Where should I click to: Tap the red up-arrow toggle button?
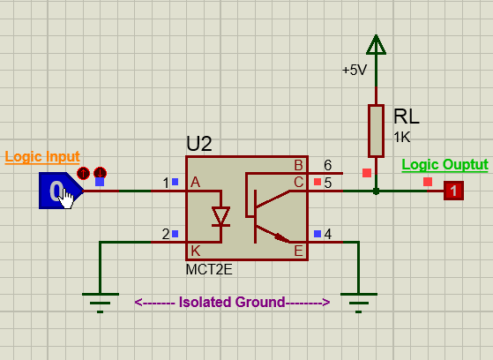click(83, 173)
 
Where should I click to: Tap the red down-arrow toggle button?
click(100, 173)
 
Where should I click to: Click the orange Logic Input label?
click(42, 157)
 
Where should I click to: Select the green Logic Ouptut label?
click(444, 165)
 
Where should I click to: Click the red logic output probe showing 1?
click(453, 191)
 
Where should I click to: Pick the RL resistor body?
click(376, 131)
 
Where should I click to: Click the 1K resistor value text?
click(402, 137)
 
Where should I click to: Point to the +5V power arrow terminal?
click(376, 45)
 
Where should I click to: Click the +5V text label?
click(355, 70)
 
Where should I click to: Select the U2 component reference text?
click(199, 144)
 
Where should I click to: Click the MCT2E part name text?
click(209, 270)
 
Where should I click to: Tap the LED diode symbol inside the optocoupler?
click(220, 216)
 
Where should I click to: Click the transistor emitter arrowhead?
click(282, 237)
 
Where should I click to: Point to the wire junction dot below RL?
click(376, 191)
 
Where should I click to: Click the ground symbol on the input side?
click(101, 303)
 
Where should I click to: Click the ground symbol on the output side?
click(359, 303)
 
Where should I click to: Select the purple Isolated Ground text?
click(232, 302)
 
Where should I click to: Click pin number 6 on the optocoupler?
click(327, 165)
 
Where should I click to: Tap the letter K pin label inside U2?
click(195, 251)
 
